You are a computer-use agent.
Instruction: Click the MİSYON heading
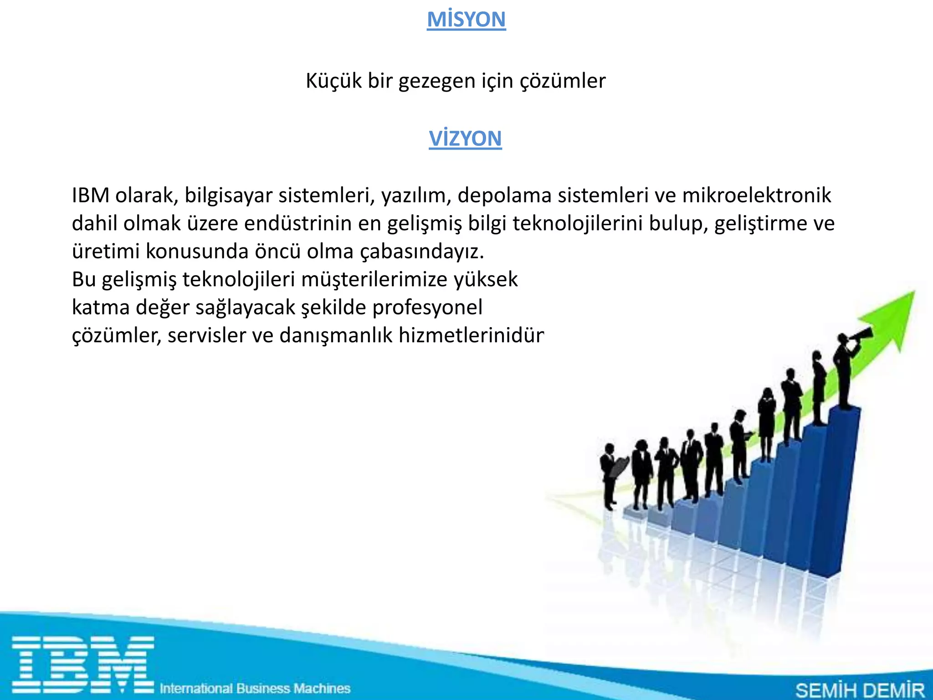(466, 20)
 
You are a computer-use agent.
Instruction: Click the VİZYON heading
(465, 139)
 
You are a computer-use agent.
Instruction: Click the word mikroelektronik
(756, 196)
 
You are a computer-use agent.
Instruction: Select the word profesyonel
(427, 308)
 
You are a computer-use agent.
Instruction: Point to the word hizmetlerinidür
(471, 336)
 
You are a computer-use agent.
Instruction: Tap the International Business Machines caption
(255, 688)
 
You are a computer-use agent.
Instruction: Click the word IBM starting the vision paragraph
(90, 196)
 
